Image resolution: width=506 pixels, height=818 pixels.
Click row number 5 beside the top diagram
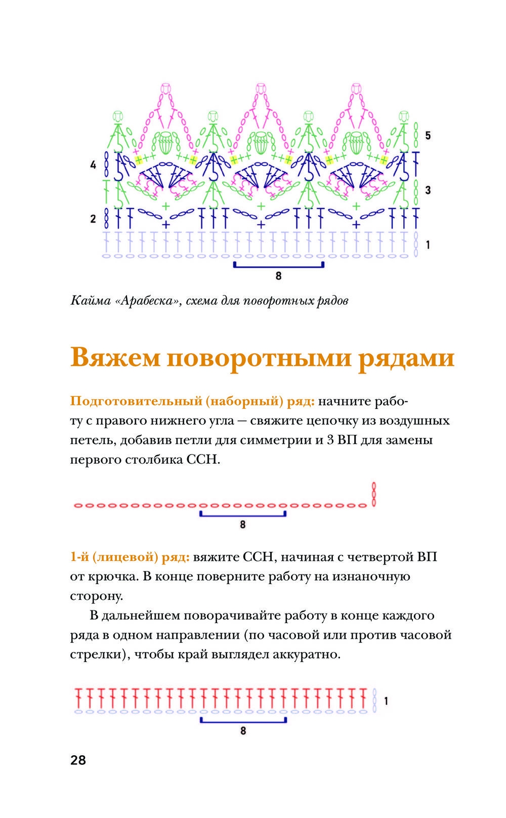tap(428, 136)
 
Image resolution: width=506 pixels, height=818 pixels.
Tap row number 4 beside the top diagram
tap(93, 165)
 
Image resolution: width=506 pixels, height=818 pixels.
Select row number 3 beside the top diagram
tap(428, 190)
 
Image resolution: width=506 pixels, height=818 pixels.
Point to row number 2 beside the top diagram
tap(93, 219)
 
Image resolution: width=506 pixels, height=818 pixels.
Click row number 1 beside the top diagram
tap(428, 244)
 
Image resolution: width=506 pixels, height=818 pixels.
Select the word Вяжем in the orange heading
tap(115, 357)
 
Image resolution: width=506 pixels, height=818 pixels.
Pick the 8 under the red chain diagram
tap(243, 525)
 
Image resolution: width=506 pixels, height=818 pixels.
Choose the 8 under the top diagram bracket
tap(279, 276)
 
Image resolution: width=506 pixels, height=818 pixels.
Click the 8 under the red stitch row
tap(243, 731)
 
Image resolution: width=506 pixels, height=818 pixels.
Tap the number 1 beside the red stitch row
tap(386, 701)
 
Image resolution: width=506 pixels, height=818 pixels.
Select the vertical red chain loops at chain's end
tap(374, 495)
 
